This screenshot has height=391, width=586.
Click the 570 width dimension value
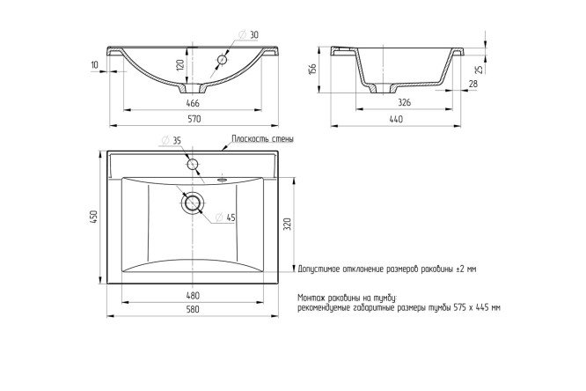click(x=194, y=119)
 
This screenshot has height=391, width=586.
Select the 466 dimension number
click(x=193, y=103)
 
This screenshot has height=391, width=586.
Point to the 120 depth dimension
click(x=180, y=65)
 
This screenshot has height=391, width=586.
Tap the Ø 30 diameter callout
click(x=248, y=35)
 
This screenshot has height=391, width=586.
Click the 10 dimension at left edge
click(x=94, y=65)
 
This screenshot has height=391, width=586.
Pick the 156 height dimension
click(x=312, y=69)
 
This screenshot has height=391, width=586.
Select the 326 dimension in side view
click(x=405, y=102)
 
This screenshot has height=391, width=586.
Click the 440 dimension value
click(x=396, y=119)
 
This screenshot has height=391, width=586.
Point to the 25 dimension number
click(x=480, y=69)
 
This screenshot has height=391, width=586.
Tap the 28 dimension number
click(x=473, y=84)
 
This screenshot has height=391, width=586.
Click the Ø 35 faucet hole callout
click(x=172, y=141)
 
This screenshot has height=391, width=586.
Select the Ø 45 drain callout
click(x=226, y=218)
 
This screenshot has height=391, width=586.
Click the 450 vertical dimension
click(x=93, y=218)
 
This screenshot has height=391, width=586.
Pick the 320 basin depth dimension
click(x=288, y=224)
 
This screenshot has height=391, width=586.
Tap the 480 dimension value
click(x=193, y=296)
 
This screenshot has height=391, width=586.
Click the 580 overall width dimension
click(x=193, y=309)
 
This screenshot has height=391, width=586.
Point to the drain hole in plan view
click(x=193, y=203)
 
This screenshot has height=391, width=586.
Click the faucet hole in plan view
click(x=193, y=165)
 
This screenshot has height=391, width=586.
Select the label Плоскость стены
click(x=262, y=139)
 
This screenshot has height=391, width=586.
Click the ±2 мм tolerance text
click(x=466, y=269)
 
